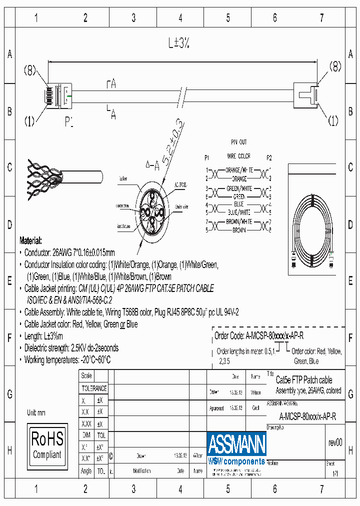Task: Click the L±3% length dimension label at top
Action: pos(178,44)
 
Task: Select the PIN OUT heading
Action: pos(238,142)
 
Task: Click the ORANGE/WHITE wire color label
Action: pos(239,170)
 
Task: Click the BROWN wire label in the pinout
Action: pos(239,230)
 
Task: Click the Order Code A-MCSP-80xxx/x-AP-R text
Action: pos(258,335)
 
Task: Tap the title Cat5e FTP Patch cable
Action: pos(303,380)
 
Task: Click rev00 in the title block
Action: pos(335,442)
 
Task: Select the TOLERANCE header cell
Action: pos(94,388)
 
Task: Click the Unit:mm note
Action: pos(36,412)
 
